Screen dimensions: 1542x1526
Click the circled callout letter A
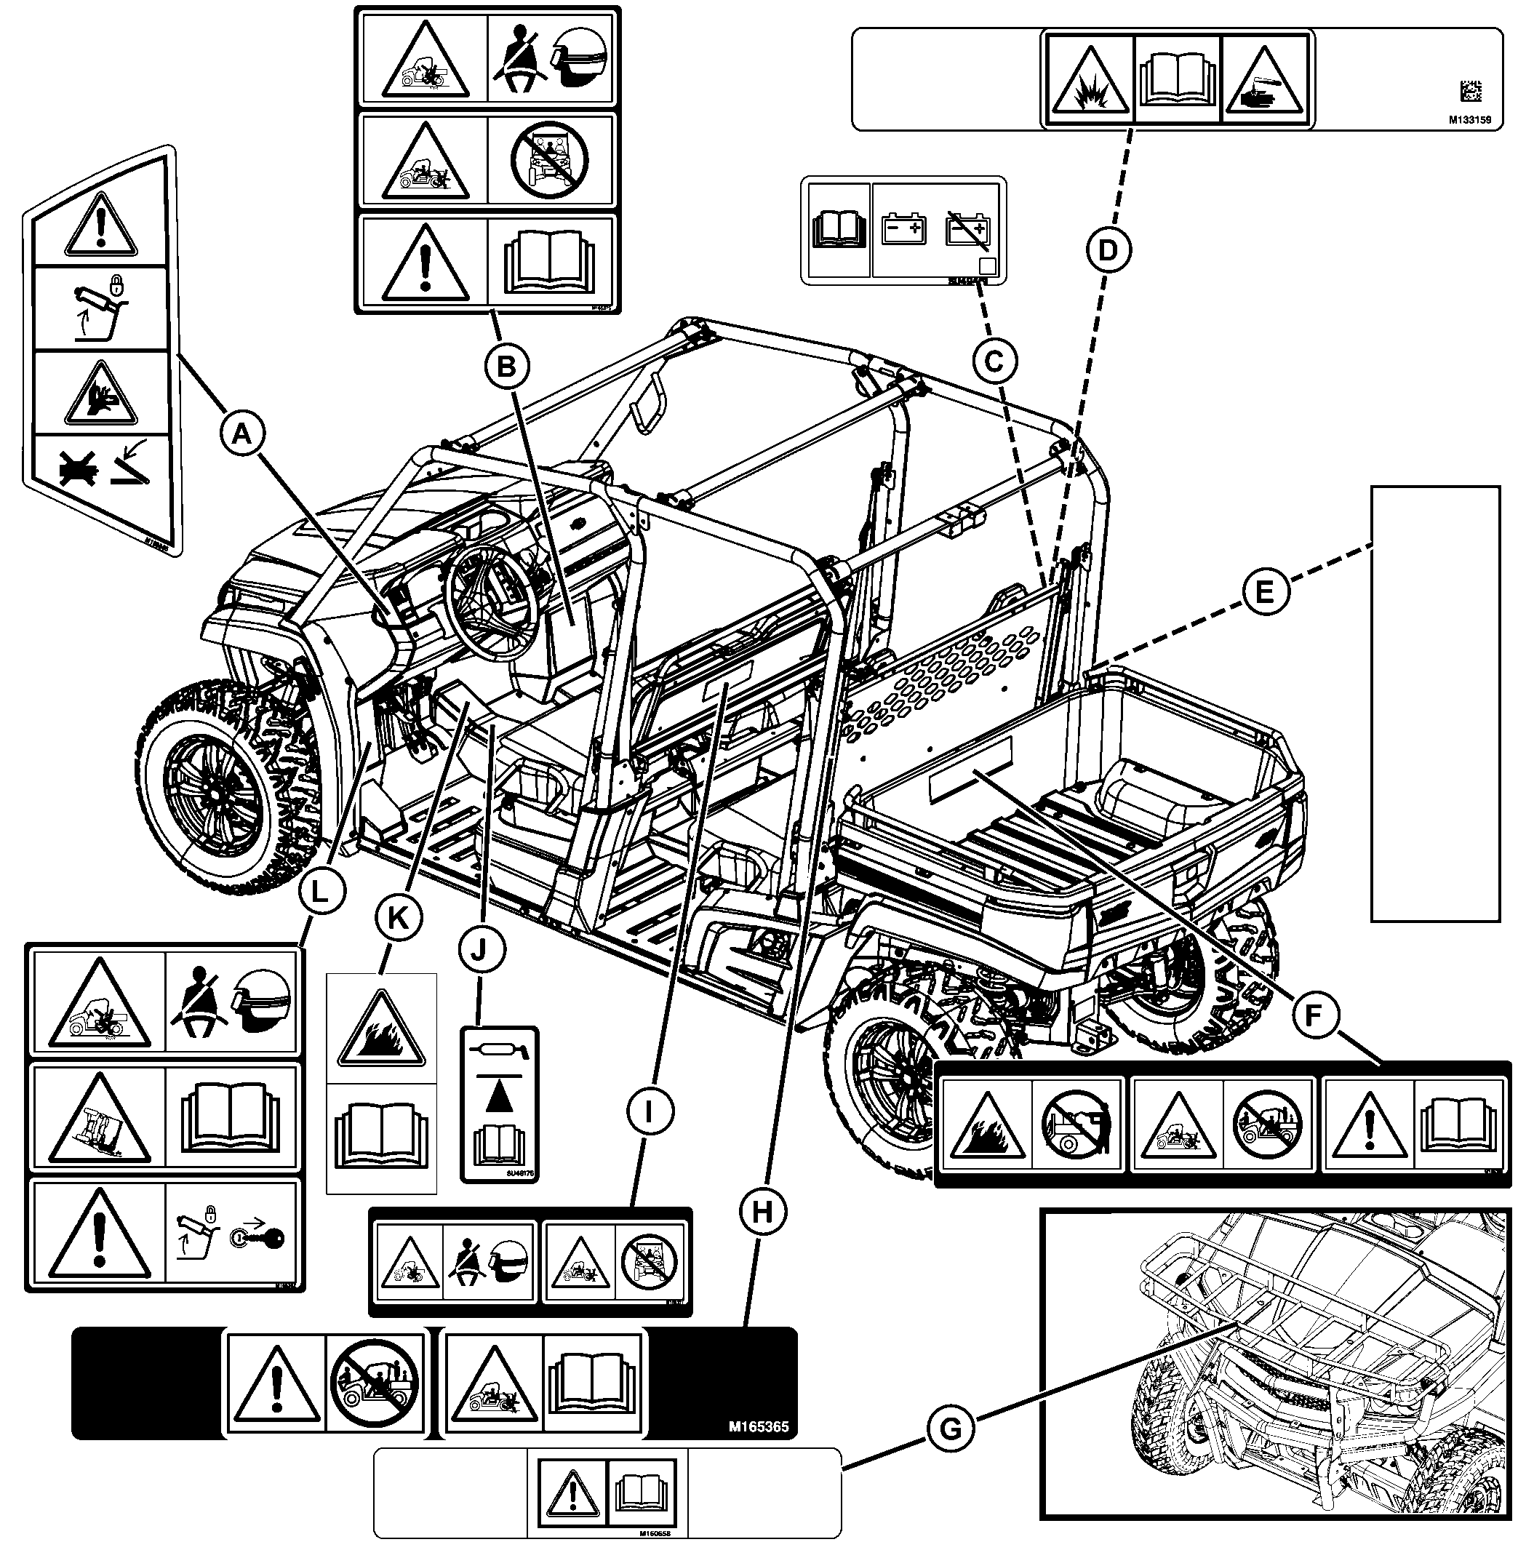(240, 434)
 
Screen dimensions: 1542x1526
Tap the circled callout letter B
(507, 367)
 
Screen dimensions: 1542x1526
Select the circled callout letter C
(994, 362)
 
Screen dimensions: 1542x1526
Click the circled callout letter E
(1265, 593)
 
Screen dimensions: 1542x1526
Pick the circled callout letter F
(1311, 1015)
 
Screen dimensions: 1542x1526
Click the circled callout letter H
(762, 1213)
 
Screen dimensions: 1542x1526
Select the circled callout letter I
(648, 1110)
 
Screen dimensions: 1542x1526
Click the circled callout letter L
(319, 892)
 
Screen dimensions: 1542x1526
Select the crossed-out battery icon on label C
(967, 230)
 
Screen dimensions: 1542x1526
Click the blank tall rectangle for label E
(1435, 703)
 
